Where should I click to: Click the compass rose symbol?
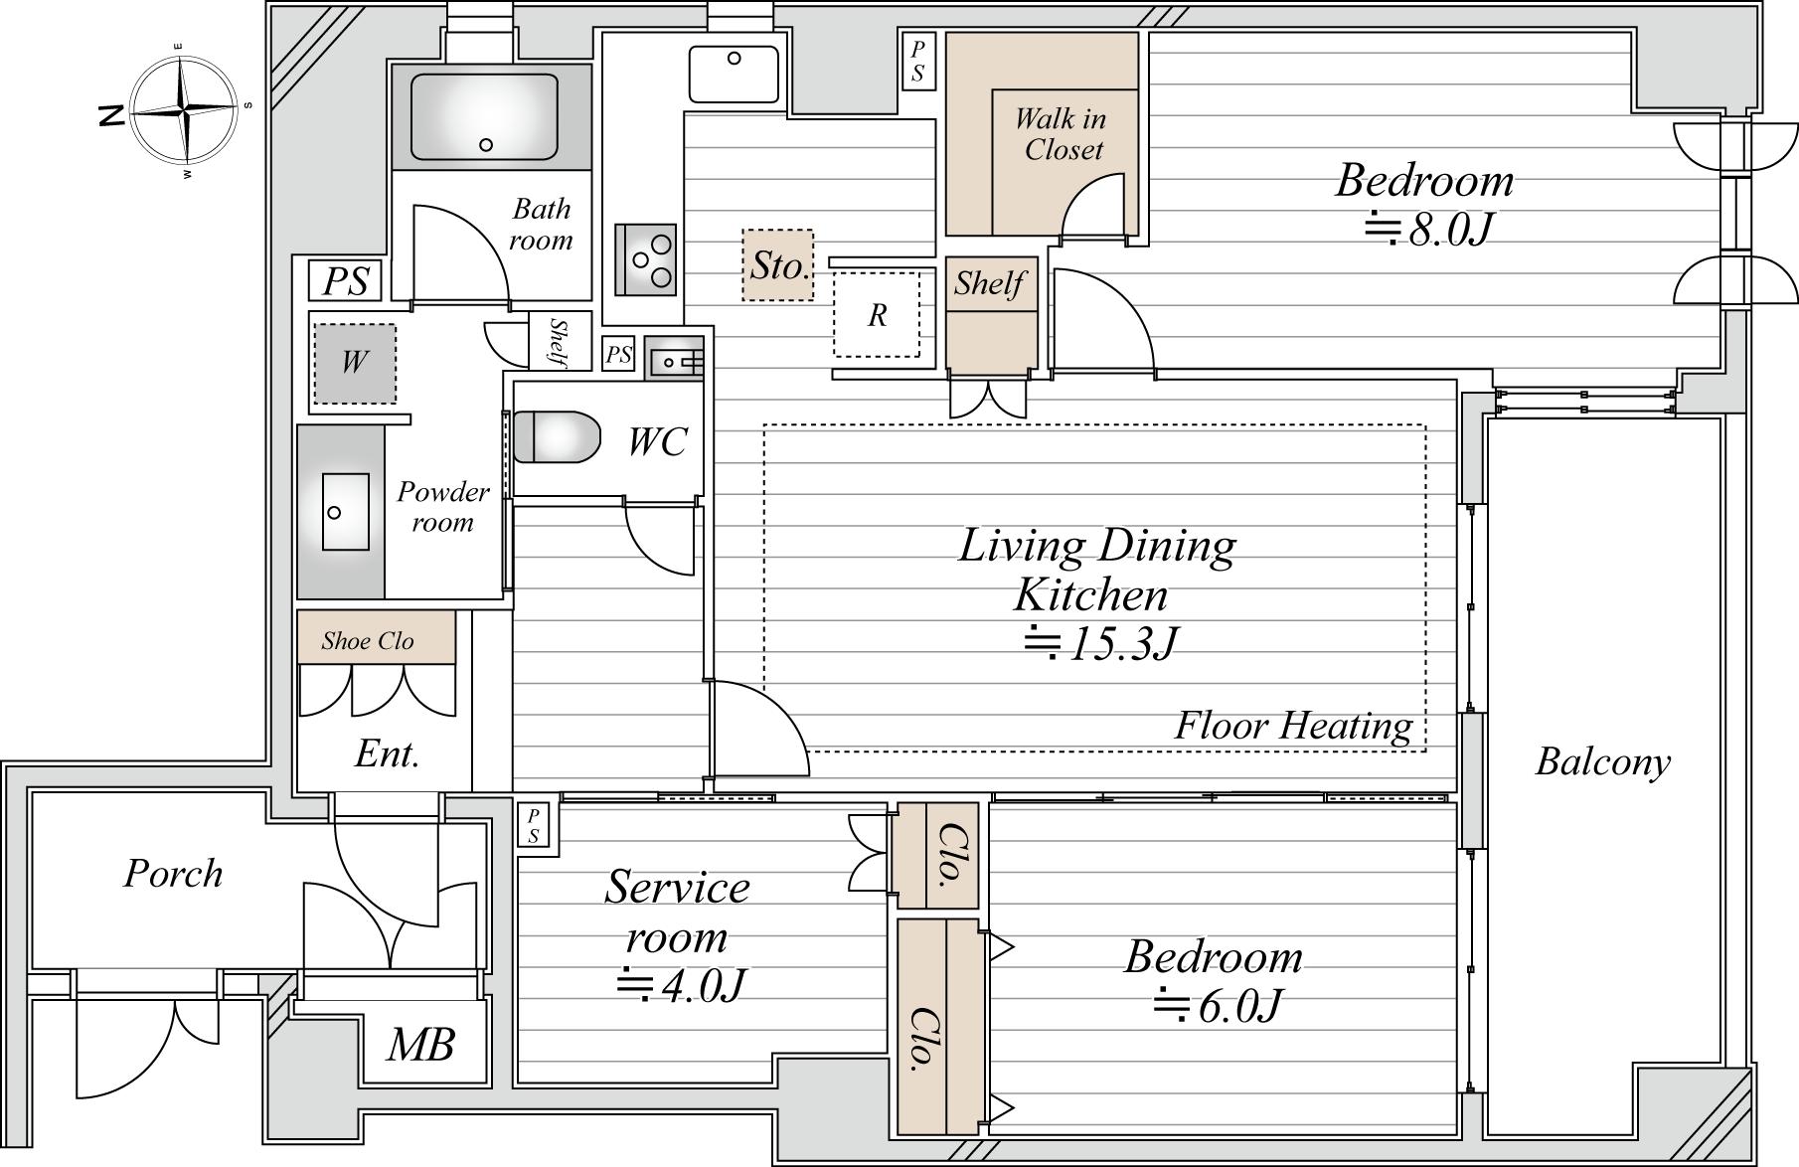click(x=184, y=110)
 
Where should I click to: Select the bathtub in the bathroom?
click(x=484, y=116)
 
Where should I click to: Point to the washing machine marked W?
click(x=355, y=364)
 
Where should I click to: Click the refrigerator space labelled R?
click(x=877, y=314)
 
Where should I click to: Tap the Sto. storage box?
click(x=778, y=265)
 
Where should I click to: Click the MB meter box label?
click(x=421, y=1045)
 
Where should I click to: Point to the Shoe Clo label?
click(x=368, y=641)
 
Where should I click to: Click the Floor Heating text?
click(x=1293, y=726)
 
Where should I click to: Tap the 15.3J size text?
click(x=1101, y=644)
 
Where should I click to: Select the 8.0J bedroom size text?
click(x=1428, y=230)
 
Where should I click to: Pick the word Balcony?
click(x=1603, y=762)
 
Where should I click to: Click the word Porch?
click(x=173, y=874)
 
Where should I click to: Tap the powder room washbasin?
click(x=346, y=512)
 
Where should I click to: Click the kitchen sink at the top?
click(x=735, y=73)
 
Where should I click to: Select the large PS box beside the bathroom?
click(x=346, y=281)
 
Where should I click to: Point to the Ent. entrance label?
click(x=387, y=753)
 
